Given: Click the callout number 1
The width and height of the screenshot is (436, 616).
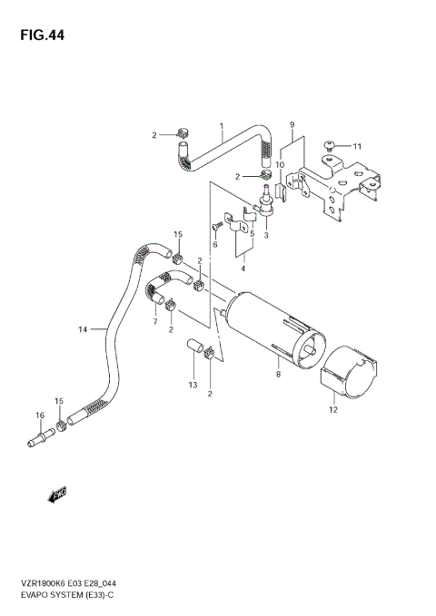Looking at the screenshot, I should (221, 126).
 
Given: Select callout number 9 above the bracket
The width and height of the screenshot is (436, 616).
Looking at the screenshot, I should (292, 124).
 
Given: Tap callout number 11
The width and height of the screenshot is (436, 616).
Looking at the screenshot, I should (357, 146).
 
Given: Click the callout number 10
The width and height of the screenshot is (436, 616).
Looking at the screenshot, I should (281, 164).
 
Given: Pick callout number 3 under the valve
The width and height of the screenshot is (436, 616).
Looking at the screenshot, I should (266, 235).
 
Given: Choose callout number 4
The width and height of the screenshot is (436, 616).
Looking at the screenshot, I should (243, 269).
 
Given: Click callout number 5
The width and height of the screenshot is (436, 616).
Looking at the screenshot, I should (251, 233).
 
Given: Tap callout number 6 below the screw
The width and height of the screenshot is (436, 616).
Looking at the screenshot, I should (215, 244).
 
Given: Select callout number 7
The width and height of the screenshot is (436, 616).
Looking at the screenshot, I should (155, 321).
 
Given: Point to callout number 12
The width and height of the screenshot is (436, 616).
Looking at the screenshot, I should (333, 409).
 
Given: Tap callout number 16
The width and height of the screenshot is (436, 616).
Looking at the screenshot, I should (40, 416).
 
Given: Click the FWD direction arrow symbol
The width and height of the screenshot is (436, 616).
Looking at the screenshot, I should (57, 494).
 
